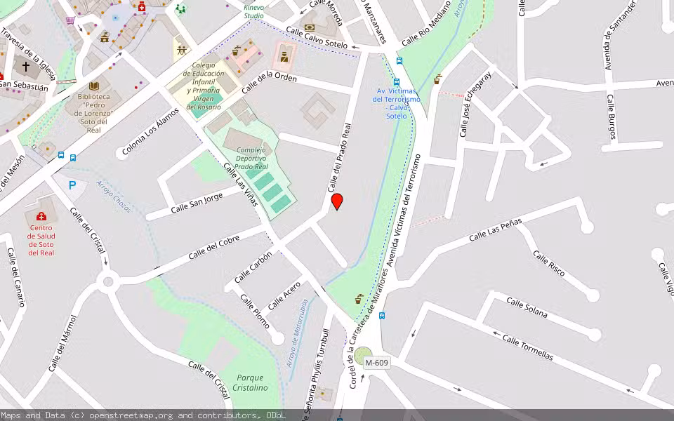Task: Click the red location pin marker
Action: pyautogui.click(x=337, y=201)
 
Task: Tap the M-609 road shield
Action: pyautogui.click(x=377, y=363)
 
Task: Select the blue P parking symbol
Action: pyautogui.click(x=72, y=186)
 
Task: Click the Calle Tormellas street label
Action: pyautogui.click(x=527, y=347)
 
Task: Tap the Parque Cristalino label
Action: pyautogui.click(x=251, y=382)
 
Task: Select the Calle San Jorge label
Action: pyautogui.click(x=197, y=203)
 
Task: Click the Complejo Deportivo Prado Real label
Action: pyautogui.click(x=251, y=159)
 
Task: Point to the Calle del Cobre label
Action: pyautogui.click(x=213, y=247)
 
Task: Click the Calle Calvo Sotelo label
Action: pyautogui.click(x=317, y=37)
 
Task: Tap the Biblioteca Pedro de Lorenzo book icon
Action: pyautogui.click(x=94, y=85)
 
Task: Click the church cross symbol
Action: pyautogui.click(x=26, y=67)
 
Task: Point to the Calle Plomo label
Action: pyautogui.click(x=255, y=310)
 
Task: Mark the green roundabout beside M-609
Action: pyautogui.click(x=363, y=356)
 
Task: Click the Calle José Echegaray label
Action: pyautogui.click(x=475, y=104)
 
